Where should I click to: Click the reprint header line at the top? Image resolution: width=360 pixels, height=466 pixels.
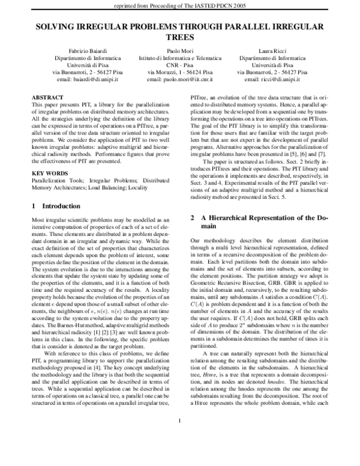click(x=180, y=6)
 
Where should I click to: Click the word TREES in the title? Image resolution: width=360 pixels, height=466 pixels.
click(x=180, y=36)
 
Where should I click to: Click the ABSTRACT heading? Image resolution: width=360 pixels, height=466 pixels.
click(x=48, y=97)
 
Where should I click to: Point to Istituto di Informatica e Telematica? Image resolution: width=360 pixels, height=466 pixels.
click(x=180, y=57)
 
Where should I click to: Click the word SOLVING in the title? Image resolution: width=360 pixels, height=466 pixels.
click(x=58, y=27)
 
